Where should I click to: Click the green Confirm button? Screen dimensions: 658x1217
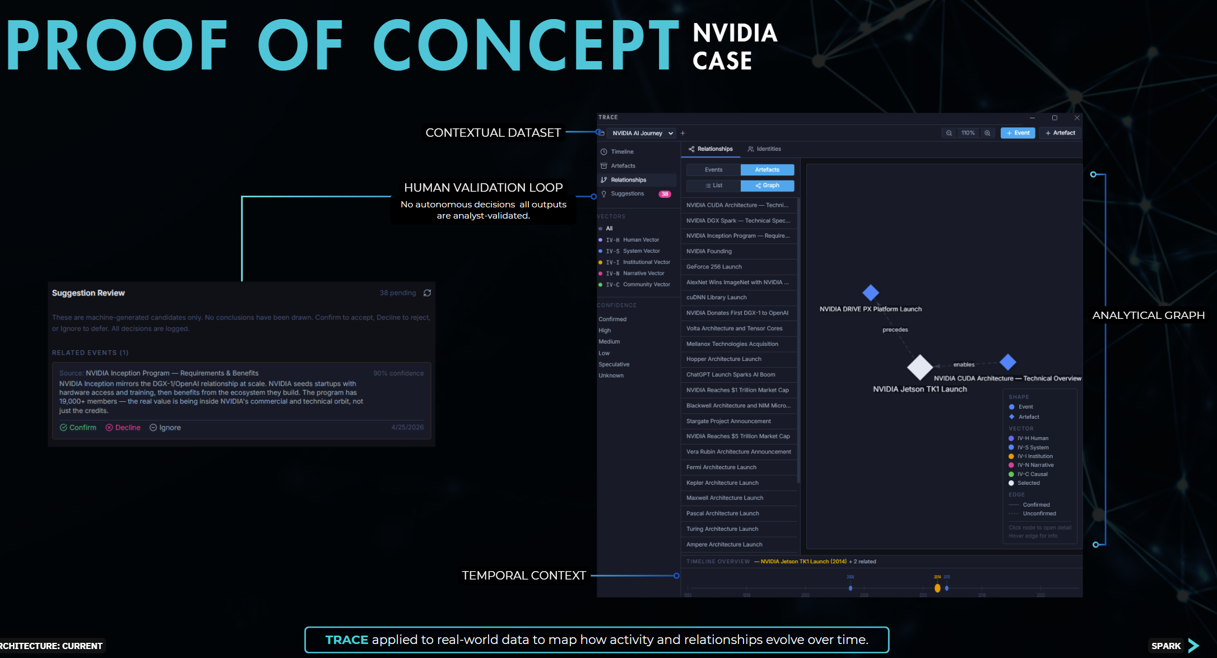pos(78,428)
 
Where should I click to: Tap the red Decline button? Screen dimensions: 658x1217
pos(123,428)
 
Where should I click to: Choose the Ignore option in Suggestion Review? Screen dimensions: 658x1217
pos(165,428)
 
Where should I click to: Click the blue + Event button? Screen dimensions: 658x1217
pos(1018,133)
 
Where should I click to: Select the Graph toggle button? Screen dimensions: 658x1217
pos(767,186)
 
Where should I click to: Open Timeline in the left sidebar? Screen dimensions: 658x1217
pos(622,152)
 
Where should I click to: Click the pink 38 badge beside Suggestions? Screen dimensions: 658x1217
pos(665,194)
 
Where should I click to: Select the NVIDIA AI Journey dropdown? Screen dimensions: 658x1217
pos(642,133)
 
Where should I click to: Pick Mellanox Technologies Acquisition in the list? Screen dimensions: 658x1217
pos(732,344)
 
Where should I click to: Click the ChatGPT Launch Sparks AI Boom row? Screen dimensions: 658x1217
pos(731,375)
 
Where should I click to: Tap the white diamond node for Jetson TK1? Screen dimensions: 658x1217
pos(919,367)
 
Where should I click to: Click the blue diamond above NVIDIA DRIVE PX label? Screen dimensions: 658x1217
pos(870,293)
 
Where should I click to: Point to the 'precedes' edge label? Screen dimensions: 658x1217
pos(895,330)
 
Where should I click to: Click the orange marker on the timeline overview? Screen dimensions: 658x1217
pos(937,588)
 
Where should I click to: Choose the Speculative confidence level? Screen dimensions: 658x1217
pos(614,364)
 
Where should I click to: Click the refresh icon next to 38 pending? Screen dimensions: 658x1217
pos(427,293)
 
